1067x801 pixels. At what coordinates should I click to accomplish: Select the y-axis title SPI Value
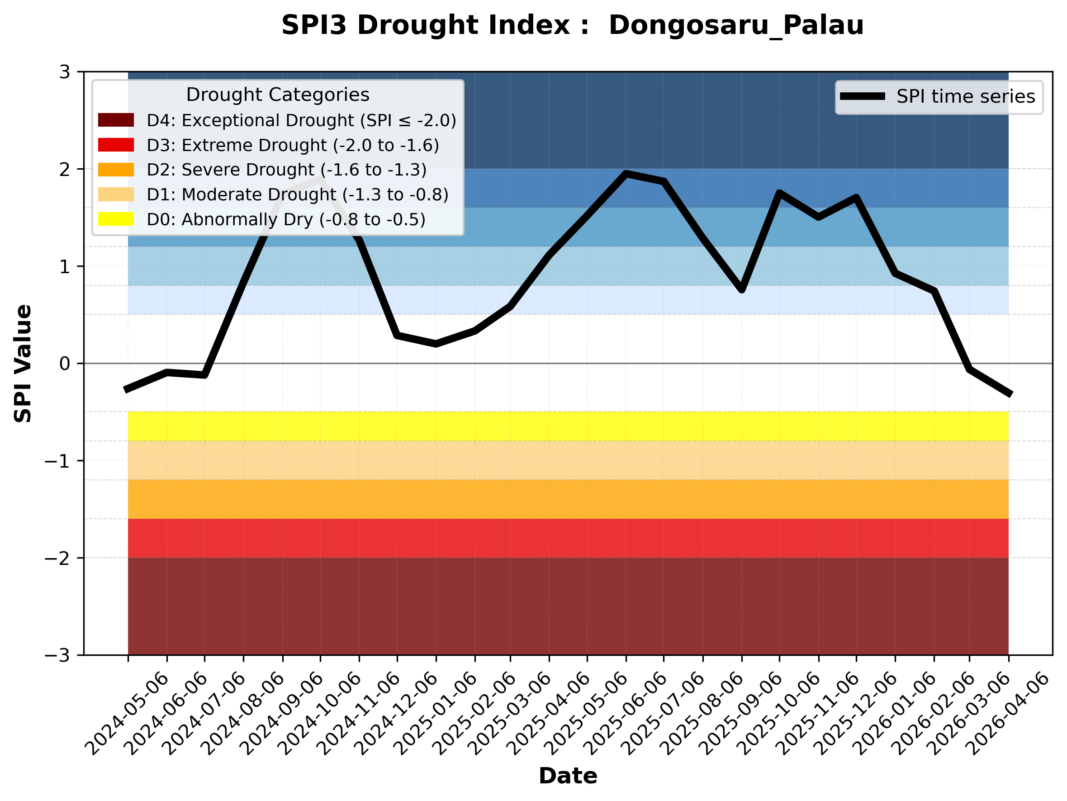point(23,364)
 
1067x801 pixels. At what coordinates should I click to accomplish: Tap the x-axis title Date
point(568,776)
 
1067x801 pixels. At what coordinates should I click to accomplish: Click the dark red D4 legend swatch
point(116,120)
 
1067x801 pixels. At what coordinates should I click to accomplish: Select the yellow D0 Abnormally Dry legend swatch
point(116,219)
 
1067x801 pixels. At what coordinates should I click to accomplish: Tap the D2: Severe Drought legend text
point(286,170)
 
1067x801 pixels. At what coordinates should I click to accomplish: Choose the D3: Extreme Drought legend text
point(293,145)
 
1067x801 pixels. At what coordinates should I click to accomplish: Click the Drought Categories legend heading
point(277,95)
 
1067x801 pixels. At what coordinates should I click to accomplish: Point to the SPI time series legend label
point(965,97)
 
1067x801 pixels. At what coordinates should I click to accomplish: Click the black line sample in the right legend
point(862,96)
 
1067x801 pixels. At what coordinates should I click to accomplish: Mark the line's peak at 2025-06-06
point(626,174)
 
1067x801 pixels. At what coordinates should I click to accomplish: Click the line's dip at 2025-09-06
point(741,290)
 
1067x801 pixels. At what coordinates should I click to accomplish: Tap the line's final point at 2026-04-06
point(1008,394)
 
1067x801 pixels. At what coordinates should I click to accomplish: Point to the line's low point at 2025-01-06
point(436,344)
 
